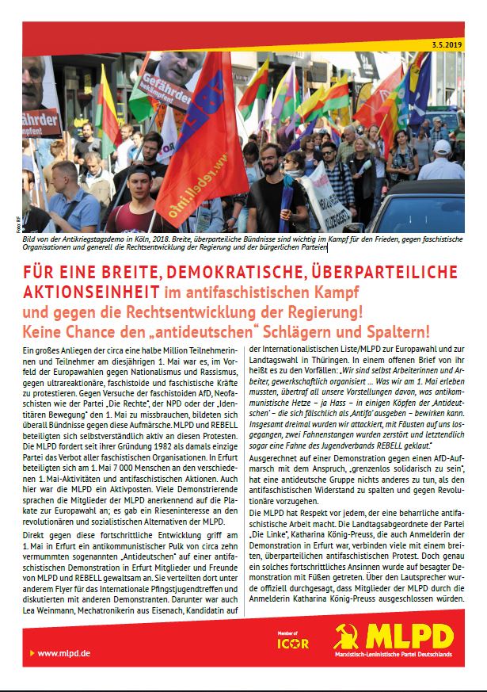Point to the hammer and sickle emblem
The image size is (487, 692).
(x=346, y=636)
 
